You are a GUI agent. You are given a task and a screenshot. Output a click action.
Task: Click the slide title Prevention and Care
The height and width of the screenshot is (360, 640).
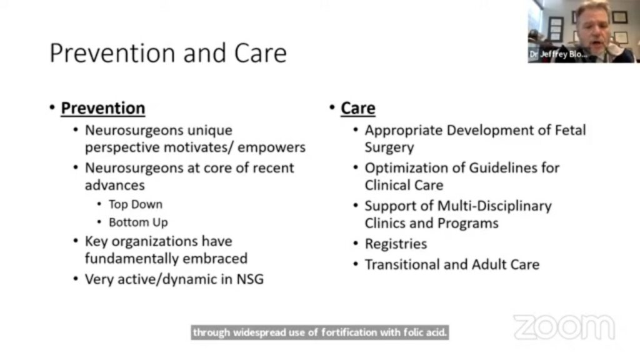pyautogui.click(x=168, y=53)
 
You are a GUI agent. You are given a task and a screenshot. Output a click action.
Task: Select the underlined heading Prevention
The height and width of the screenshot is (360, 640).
pyautogui.click(x=103, y=108)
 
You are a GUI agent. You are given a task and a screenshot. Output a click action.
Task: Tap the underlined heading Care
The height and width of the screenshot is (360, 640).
pyautogui.click(x=358, y=108)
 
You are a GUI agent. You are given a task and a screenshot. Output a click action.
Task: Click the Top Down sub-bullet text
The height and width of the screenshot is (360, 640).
pyautogui.click(x=136, y=204)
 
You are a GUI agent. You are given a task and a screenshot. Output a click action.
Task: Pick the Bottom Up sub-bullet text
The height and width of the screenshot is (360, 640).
pyautogui.click(x=138, y=222)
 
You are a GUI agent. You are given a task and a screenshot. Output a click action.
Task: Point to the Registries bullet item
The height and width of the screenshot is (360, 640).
pyautogui.click(x=396, y=244)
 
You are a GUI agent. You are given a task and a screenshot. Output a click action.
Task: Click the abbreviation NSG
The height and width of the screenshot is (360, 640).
pyautogui.click(x=250, y=279)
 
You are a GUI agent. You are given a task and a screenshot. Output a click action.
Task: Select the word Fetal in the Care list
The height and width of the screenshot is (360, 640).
pyautogui.click(x=570, y=130)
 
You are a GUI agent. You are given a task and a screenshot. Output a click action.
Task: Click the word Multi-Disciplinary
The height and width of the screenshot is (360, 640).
pyautogui.click(x=494, y=206)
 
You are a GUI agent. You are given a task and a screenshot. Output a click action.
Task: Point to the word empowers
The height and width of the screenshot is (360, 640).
pyautogui.click(x=271, y=147)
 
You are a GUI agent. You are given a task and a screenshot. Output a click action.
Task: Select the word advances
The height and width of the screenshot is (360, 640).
pyautogui.click(x=115, y=185)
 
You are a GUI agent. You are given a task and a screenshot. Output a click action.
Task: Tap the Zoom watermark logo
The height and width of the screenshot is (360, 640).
pyautogui.click(x=564, y=327)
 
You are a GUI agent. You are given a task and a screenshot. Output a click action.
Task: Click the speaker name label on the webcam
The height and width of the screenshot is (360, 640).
pyautogui.click(x=558, y=54)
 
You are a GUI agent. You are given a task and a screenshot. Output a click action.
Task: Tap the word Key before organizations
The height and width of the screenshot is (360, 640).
pyautogui.click(x=96, y=242)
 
